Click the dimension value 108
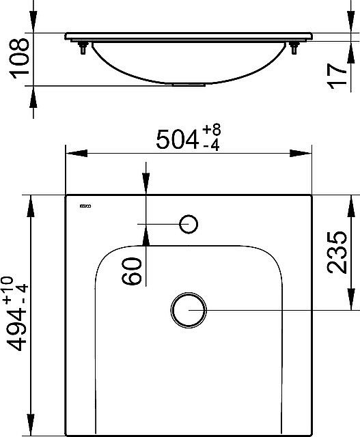point(19,59)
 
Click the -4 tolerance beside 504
point(214,146)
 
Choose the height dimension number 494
point(18,338)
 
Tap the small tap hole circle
point(188,223)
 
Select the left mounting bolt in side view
point(83,48)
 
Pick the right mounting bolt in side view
point(294,48)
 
